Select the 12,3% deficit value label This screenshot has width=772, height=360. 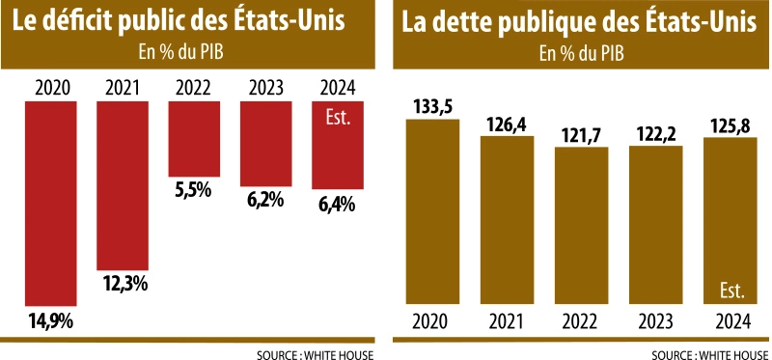click(122, 284)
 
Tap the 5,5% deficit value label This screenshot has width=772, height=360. click(193, 190)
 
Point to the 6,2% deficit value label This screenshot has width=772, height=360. click(264, 202)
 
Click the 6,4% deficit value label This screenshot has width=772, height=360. click(338, 204)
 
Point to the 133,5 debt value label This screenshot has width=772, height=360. click(432, 106)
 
